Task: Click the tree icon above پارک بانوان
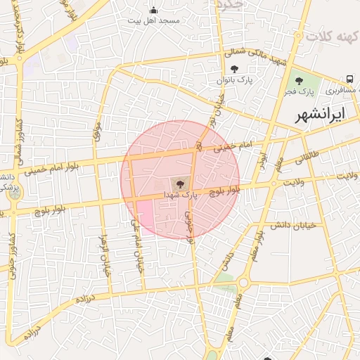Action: coord(234,69)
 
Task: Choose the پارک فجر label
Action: coord(300,91)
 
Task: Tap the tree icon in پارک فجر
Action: coord(300,80)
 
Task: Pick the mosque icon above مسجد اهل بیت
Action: coord(154,10)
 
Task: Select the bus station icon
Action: coord(349,78)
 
